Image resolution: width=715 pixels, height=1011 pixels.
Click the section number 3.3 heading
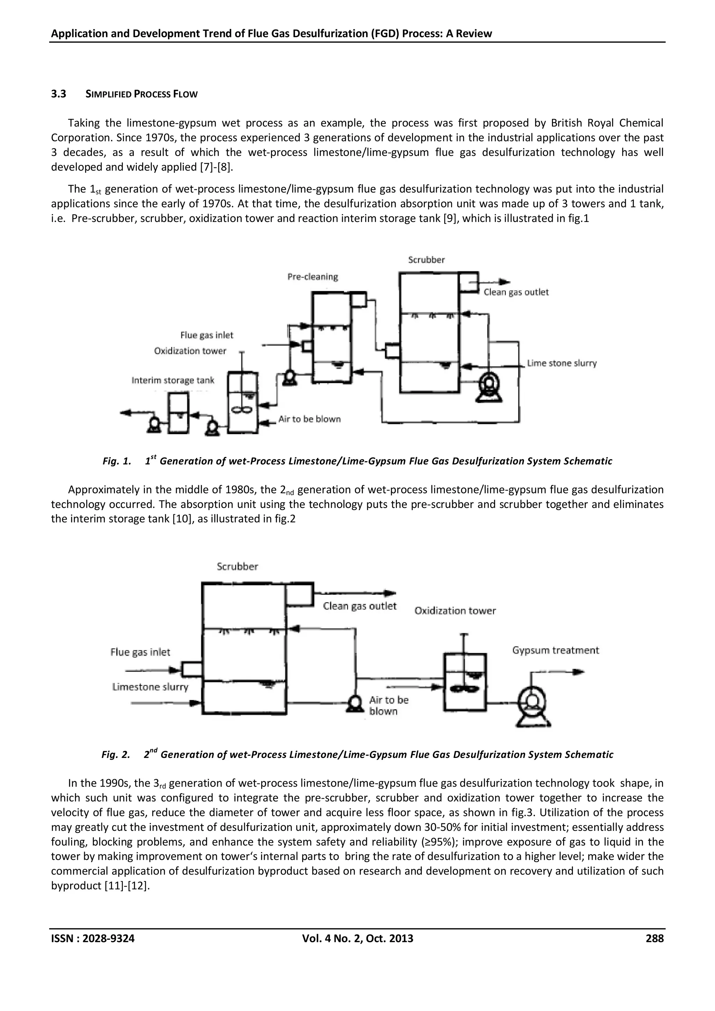pyautogui.click(x=59, y=94)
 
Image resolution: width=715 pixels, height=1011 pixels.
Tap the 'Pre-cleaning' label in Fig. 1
pyautogui.click(x=312, y=276)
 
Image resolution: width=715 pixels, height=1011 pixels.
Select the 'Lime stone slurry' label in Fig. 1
pyautogui.click(x=562, y=363)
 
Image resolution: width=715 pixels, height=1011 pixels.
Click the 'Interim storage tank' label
pyautogui.click(x=172, y=380)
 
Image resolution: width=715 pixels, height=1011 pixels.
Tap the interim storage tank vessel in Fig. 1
pyautogui.click(x=179, y=413)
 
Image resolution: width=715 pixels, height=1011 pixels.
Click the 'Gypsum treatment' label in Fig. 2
pyautogui.click(x=555, y=650)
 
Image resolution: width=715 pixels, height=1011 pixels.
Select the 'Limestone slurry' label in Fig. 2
pyautogui.click(x=150, y=687)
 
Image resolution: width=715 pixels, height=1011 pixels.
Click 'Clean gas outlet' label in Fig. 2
pyautogui.click(x=360, y=606)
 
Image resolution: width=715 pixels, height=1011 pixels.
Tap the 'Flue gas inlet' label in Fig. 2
pyautogui.click(x=140, y=652)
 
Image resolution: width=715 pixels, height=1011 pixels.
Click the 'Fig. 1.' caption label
pyautogui.click(x=117, y=461)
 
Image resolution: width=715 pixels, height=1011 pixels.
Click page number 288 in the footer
pyautogui.click(x=654, y=938)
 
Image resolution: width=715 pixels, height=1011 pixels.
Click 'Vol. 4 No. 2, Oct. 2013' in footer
pyautogui.click(x=357, y=938)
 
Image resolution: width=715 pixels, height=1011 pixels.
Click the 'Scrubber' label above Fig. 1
pyautogui.click(x=426, y=260)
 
